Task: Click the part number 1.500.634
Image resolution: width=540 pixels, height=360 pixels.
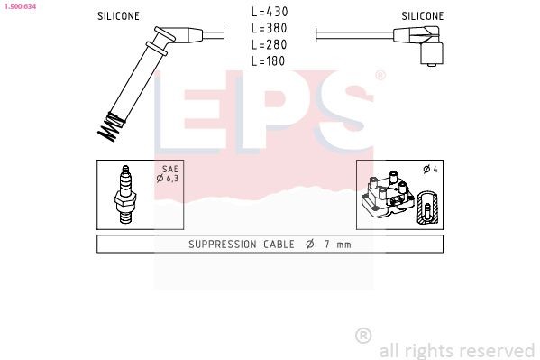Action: pos(21,6)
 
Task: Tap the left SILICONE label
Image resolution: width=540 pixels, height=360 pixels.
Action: pos(118,16)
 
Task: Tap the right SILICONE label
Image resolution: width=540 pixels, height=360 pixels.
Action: pos(423,16)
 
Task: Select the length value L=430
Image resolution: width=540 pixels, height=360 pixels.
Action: pos(270,12)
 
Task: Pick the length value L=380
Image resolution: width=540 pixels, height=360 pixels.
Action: pos(270,28)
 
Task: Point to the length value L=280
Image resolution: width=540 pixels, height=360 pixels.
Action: pos(270,44)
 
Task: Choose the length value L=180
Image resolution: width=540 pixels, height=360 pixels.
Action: pos(269,61)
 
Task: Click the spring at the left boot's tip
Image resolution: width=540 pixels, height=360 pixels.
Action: pos(111,127)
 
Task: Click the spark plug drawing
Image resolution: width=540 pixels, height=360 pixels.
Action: pos(125,195)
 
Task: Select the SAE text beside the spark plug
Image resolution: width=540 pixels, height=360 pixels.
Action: pos(170,169)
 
